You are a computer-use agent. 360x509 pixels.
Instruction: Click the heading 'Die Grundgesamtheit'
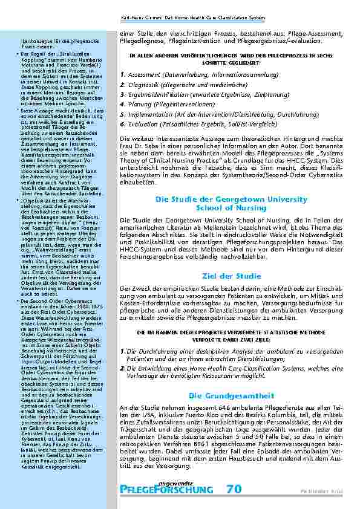(x=220, y=378)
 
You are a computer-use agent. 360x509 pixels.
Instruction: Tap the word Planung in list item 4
(x=137, y=104)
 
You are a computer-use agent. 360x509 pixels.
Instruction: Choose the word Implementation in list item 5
(x=149, y=114)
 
